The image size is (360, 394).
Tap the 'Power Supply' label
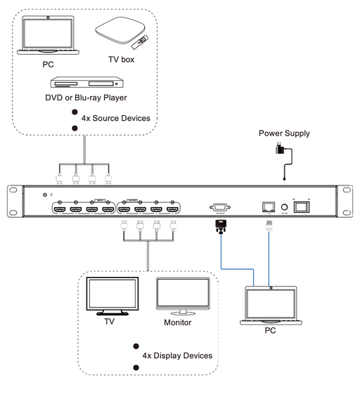[284, 133]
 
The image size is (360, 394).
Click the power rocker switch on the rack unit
[302, 206]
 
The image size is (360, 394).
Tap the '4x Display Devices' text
[177, 355]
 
